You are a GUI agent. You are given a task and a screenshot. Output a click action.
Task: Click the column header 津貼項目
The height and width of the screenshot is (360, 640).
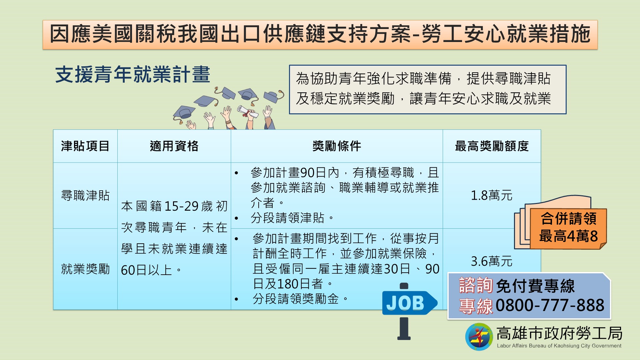[85, 146]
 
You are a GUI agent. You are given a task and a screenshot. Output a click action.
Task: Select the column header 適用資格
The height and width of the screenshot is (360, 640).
[174, 146]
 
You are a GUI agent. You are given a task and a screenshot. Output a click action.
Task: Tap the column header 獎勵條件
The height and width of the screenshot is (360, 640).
[337, 146]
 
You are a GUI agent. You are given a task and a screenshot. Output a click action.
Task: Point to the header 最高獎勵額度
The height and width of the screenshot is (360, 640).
[492, 146]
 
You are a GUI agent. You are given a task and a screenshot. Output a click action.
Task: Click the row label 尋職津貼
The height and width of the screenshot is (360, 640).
[85, 195]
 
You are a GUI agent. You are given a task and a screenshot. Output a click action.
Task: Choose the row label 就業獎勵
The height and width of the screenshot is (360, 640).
[85, 269]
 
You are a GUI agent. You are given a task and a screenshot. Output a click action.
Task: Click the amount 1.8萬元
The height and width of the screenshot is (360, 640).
[491, 195]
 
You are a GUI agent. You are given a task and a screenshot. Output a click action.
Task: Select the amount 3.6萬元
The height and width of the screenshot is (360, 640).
[491, 261]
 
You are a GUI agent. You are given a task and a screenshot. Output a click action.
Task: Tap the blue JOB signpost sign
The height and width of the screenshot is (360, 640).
[408, 303]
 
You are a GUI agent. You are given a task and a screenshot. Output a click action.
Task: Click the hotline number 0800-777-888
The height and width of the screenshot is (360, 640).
[550, 305]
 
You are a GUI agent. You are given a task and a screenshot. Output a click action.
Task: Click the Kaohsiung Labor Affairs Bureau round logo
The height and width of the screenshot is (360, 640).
[479, 337]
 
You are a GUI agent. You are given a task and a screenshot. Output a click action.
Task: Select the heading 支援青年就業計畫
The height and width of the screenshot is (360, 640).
[133, 74]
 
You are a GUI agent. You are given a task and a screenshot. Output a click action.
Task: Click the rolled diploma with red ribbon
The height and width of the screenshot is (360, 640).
[248, 112]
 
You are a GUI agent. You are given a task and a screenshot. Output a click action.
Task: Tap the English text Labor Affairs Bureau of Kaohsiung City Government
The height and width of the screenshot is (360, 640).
[559, 346]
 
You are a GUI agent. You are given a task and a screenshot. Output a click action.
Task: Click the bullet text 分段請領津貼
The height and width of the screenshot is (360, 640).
[287, 218]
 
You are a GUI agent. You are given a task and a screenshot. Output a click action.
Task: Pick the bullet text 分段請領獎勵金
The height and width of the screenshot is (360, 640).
[296, 299]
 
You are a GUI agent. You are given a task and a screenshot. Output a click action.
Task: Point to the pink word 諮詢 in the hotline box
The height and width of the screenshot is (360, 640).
[476, 285]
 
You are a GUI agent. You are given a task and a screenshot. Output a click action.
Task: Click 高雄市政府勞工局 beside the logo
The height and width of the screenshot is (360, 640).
[559, 333]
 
